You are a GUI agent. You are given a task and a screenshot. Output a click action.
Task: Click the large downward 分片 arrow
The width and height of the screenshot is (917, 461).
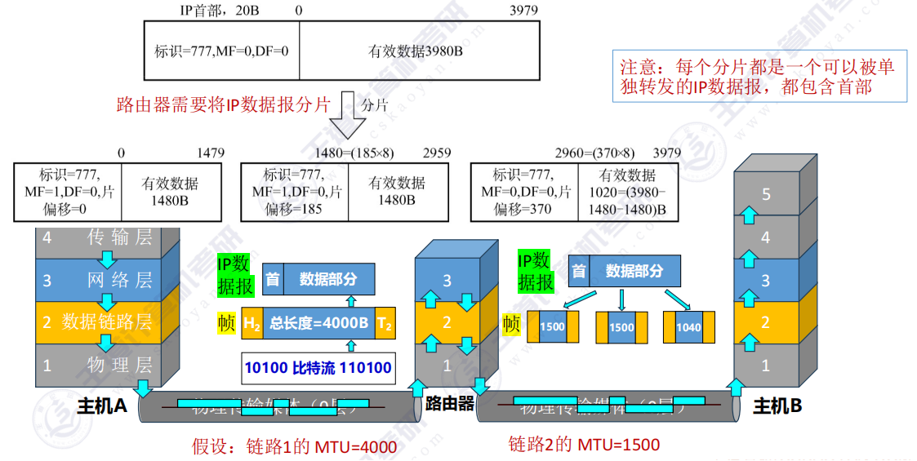click(x=353, y=114)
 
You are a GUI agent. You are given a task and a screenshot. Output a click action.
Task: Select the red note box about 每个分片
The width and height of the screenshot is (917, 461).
click(x=759, y=77)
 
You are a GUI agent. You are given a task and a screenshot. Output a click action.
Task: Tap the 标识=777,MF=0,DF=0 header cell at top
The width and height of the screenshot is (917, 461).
click(x=221, y=51)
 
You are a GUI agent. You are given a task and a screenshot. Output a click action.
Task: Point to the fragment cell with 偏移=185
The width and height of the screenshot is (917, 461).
click(x=294, y=192)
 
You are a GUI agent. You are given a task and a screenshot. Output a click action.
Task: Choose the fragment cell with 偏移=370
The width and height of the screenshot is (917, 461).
click(x=524, y=192)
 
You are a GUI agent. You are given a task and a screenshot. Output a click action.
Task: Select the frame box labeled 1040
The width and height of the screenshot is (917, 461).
click(x=688, y=326)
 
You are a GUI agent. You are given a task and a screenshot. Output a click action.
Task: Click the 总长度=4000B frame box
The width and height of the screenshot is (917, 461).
click(x=318, y=323)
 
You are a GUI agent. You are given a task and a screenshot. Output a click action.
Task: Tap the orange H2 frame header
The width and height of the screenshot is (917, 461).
click(x=252, y=323)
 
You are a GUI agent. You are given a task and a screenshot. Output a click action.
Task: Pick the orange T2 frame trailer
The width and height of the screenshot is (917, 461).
click(x=385, y=323)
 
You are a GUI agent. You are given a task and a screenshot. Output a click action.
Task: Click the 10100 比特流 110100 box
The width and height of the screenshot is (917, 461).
click(x=318, y=368)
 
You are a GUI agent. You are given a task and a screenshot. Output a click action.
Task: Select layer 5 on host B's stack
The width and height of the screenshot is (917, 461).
click(x=765, y=194)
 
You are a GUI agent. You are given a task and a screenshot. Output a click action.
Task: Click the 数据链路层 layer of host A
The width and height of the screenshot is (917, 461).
click(x=98, y=321)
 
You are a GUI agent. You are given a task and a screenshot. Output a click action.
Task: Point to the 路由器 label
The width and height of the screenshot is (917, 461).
click(x=450, y=402)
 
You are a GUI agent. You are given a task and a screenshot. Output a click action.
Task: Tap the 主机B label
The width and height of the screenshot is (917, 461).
click(x=777, y=406)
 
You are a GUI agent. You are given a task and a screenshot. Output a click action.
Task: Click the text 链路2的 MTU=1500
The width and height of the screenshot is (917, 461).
click(x=583, y=444)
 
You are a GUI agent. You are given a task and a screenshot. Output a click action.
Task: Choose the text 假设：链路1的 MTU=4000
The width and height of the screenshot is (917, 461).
click(x=294, y=446)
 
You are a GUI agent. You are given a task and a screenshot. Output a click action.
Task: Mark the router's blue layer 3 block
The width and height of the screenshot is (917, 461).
click(x=447, y=281)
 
